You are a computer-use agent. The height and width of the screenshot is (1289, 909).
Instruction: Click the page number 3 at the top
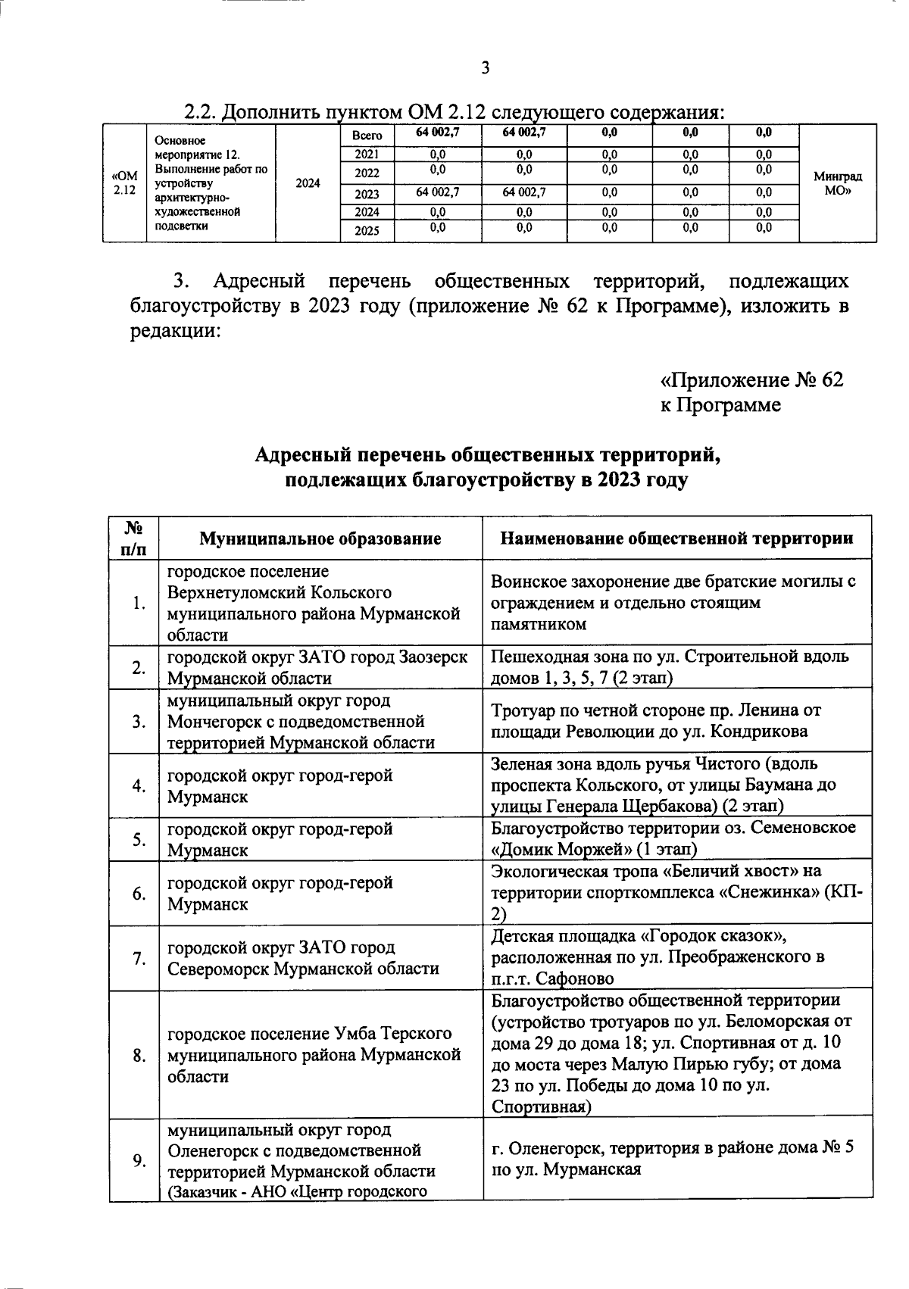pos(486,68)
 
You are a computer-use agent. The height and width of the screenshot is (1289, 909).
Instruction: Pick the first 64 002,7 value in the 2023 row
pos(438,193)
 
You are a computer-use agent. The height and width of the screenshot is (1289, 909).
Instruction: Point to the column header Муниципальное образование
pos(320,538)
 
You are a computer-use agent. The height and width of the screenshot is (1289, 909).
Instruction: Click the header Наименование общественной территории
pos(676,538)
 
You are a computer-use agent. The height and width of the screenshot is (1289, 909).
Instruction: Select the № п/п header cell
pos(133,538)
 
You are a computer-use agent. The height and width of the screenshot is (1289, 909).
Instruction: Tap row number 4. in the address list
pos(139,786)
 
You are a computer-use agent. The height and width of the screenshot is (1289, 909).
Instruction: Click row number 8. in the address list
pos(139,1055)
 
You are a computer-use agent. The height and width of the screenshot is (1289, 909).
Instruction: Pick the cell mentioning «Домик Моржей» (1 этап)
pos(676,838)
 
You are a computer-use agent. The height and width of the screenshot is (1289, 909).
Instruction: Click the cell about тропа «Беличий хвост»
pos(676,893)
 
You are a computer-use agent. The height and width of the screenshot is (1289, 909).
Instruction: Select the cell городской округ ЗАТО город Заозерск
pos(320,667)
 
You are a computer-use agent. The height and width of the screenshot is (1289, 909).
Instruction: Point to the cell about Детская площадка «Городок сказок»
pos(676,957)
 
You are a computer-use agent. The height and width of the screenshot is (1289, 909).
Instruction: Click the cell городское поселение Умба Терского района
pos(320,1055)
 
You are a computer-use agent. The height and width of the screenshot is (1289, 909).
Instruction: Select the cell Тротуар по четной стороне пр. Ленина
pos(676,721)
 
